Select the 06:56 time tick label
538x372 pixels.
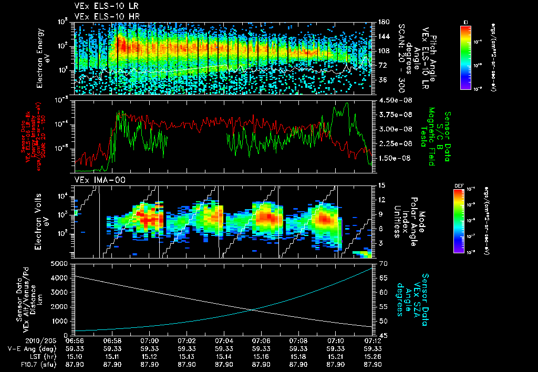pyautogui.click(x=76, y=340)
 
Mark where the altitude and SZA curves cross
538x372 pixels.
pyautogui.click(x=253, y=309)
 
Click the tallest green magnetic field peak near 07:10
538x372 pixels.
pyautogui.click(x=346, y=103)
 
